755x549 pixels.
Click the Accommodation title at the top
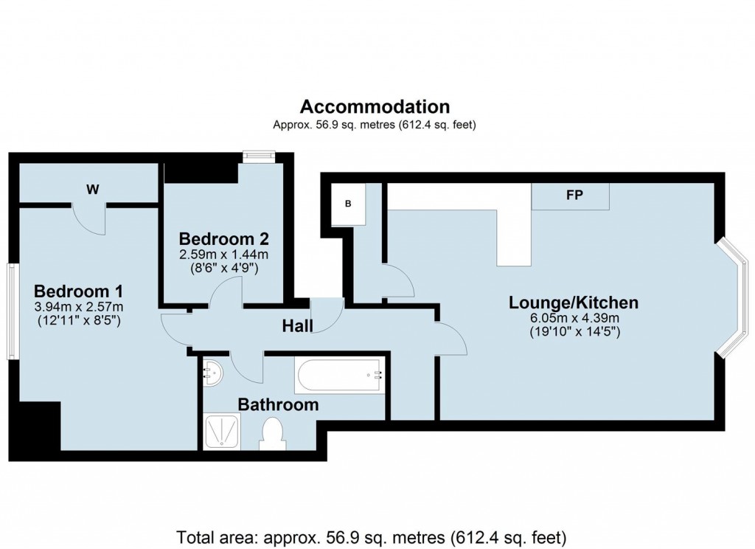click(x=375, y=107)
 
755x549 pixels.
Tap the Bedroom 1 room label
click(x=78, y=290)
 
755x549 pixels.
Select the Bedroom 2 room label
click(x=223, y=239)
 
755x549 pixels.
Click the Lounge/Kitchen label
click(x=574, y=303)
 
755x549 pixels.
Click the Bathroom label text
click(x=278, y=404)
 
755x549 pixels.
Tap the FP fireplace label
click(x=574, y=196)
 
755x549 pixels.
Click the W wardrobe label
click(x=92, y=190)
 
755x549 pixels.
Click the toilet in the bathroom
click(x=272, y=433)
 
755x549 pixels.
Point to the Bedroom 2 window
click(x=259, y=155)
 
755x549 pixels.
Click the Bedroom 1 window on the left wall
click(x=13, y=303)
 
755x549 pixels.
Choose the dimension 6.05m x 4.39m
click(x=574, y=318)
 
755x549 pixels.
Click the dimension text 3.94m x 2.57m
click(x=78, y=307)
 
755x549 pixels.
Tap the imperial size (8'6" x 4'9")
click(x=223, y=269)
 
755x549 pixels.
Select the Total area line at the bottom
click(x=372, y=536)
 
